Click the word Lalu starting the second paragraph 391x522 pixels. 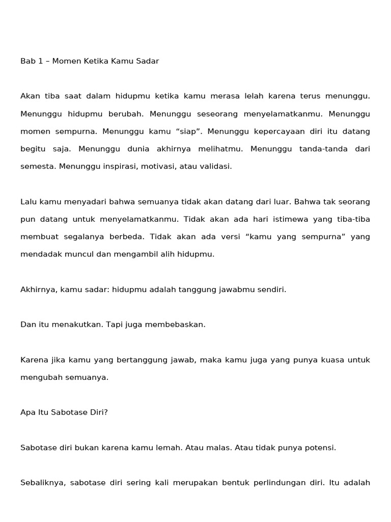[28, 201]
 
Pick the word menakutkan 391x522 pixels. [79, 325]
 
